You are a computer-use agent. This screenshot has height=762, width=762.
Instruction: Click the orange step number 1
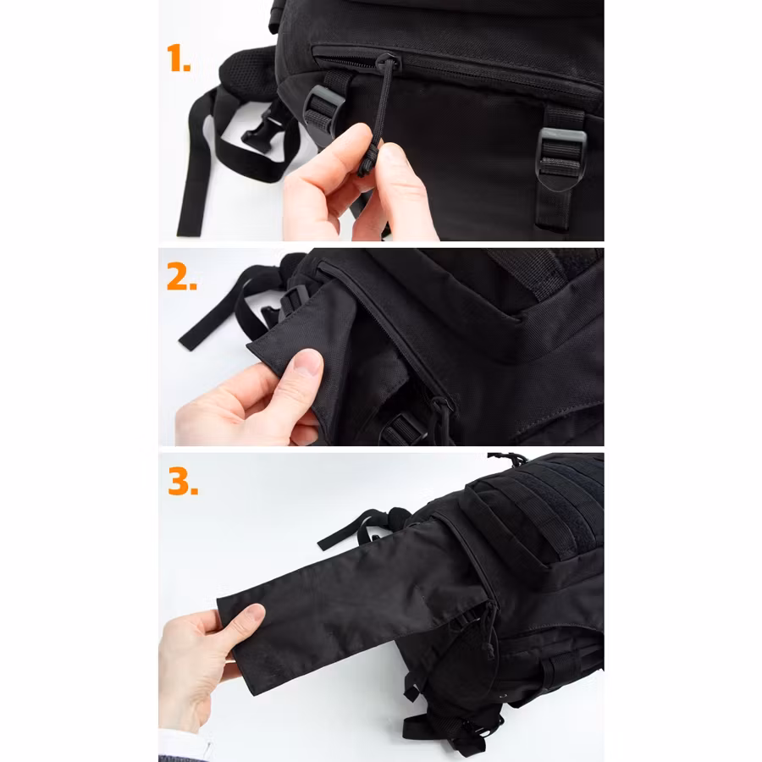click(x=179, y=58)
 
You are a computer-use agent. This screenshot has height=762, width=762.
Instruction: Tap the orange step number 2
click(x=181, y=277)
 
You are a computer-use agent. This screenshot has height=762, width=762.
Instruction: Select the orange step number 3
click(x=183, y=481)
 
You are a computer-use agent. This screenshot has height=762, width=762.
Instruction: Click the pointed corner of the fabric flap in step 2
click(x=248, y=345)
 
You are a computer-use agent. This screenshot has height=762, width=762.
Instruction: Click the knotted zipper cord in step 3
click(x=489, y=632)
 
